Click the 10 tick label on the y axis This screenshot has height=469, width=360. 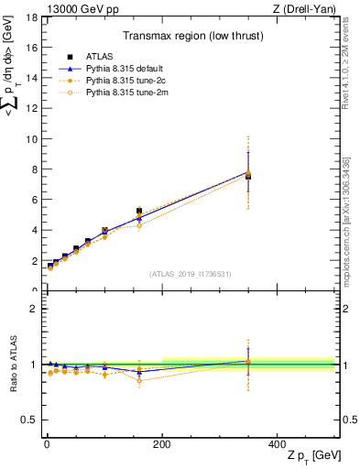coord(30,139)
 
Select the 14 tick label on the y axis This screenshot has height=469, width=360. coord(30,79)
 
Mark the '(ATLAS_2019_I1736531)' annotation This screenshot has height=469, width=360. coord(190,274)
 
